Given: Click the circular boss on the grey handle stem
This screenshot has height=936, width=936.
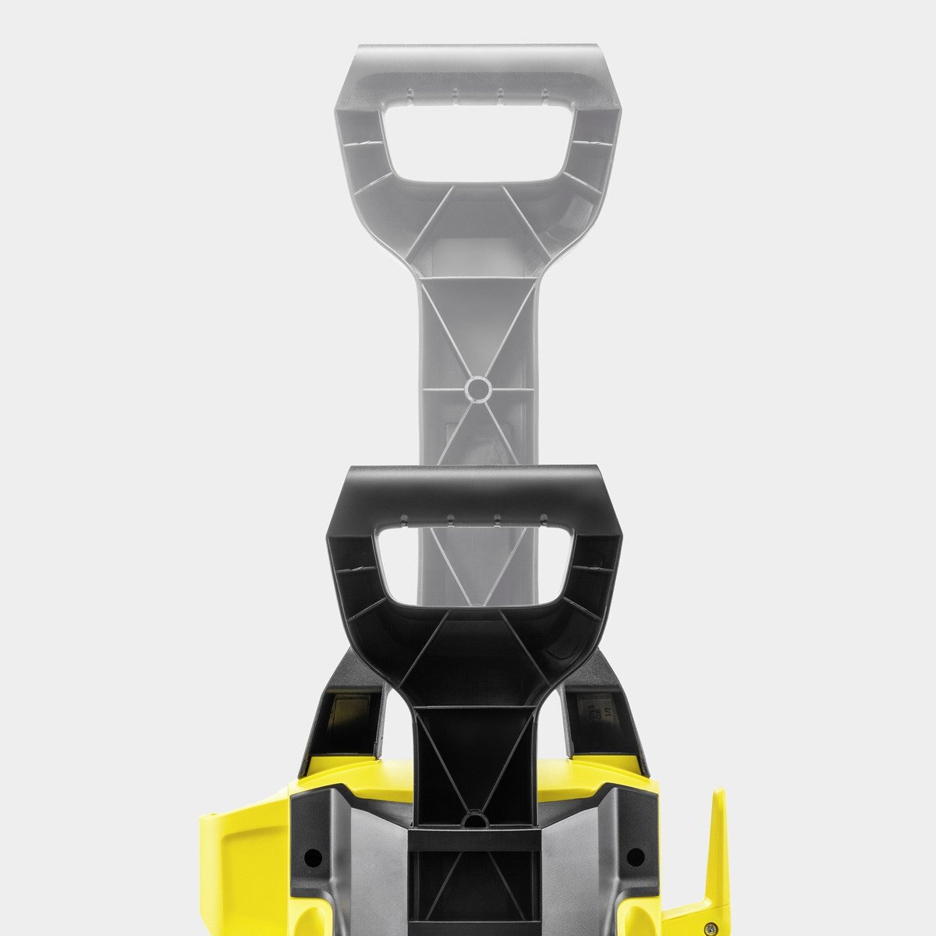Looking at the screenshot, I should click(x=477, y=388).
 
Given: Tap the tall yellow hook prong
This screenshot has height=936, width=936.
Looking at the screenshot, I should click(x=716, y=850).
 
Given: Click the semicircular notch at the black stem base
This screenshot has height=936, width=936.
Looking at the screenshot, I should click(x=473, y=819).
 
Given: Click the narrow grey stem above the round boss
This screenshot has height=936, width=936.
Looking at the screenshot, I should click(x=477, y=328).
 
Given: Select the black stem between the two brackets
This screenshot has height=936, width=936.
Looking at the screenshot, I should click(x=473, y=749).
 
